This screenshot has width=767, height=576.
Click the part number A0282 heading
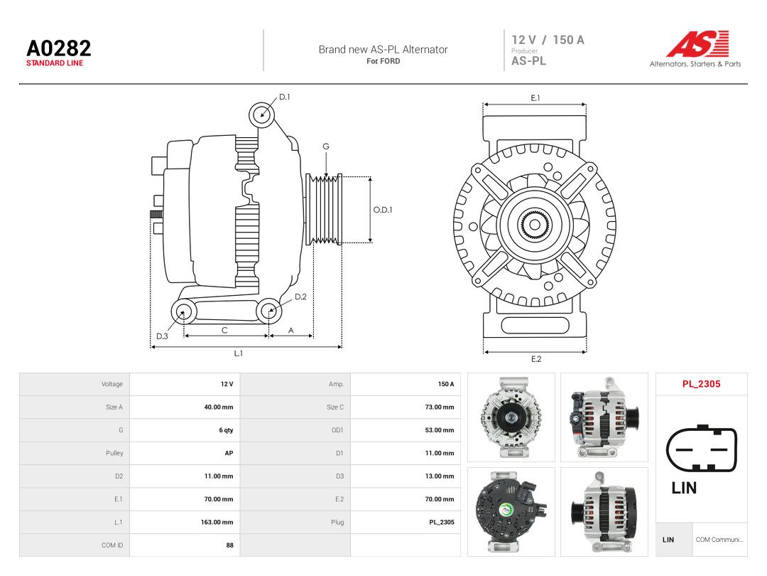click(x=59, y=48)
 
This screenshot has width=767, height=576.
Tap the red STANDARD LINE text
click(x=55, y=63)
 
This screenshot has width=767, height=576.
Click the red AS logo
click(x=698, y=43)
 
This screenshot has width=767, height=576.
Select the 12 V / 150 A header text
click(x=548, y=40)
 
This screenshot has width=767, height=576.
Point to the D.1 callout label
click(x=285, y=97)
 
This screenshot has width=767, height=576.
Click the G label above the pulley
click(x=326, y=146)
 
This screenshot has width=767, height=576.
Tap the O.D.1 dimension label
click(x=383, y=210)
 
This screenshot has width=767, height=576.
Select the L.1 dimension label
click(x=238, y=353)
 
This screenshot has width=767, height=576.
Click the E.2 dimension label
click(x=536, y=359)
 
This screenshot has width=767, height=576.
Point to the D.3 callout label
click(x=162, y=336)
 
